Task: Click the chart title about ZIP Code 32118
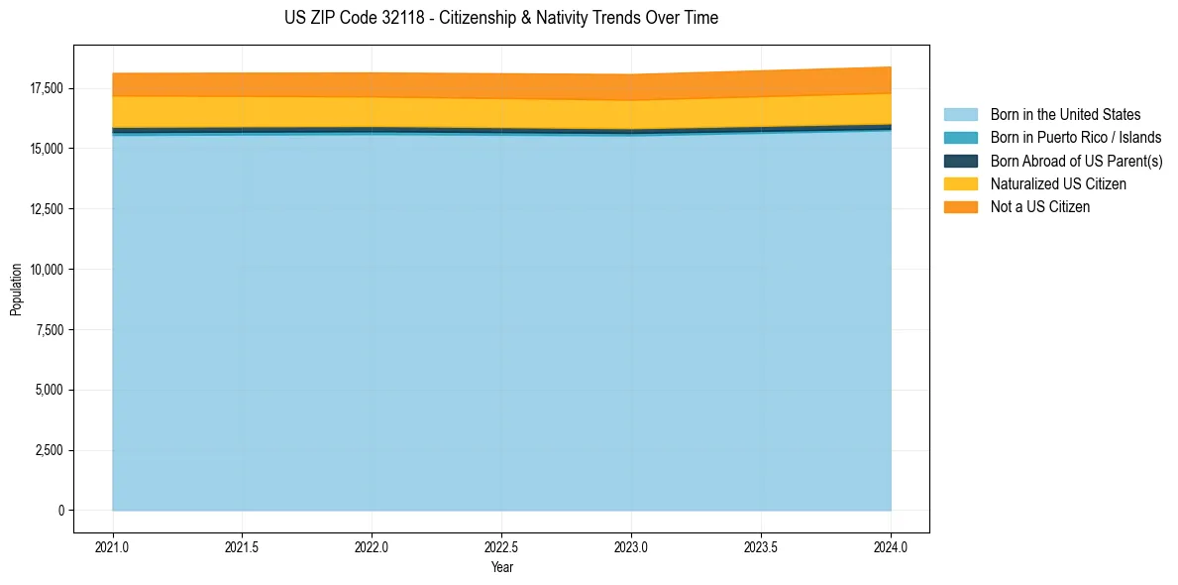(500, 18)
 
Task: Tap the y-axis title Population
(16, 290)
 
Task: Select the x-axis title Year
(501, 567)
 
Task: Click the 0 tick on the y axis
(59, 511)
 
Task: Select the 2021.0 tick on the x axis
(113, 546)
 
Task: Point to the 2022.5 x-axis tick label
(501, 546)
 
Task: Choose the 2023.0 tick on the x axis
(631, 546)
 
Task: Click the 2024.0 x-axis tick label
(891, 546)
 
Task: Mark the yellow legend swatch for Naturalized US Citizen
(960, 184)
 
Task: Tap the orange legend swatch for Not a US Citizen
(960, 207)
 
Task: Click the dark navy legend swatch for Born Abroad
(960, 161)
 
